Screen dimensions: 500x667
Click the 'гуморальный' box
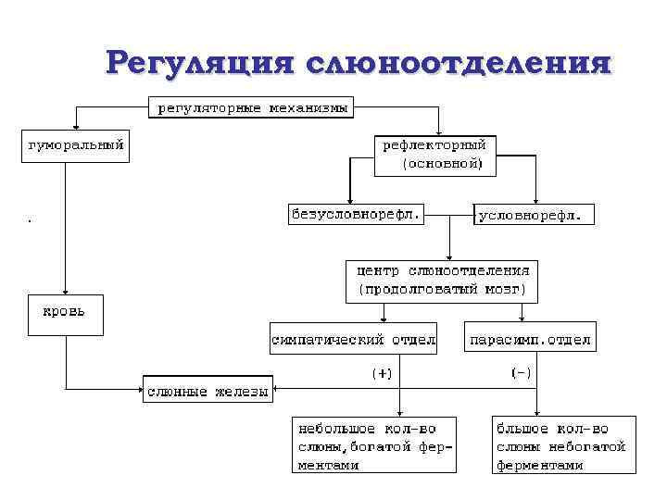point(75,146)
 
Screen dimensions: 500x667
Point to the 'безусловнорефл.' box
point(355,215)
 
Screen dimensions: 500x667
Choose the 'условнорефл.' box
point(535,215)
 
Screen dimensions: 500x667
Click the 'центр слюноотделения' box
point(442,280)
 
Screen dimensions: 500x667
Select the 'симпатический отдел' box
point(354,339)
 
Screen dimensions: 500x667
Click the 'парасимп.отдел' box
point(530,339)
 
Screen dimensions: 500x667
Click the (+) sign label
point(383,373)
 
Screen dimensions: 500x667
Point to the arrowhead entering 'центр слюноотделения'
point(448,256)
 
